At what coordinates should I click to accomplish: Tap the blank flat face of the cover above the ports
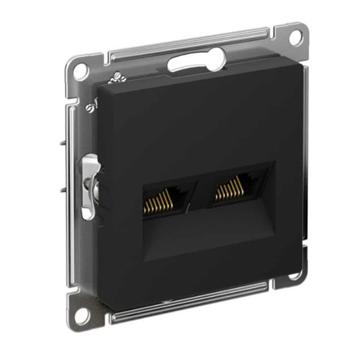(198, 120)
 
